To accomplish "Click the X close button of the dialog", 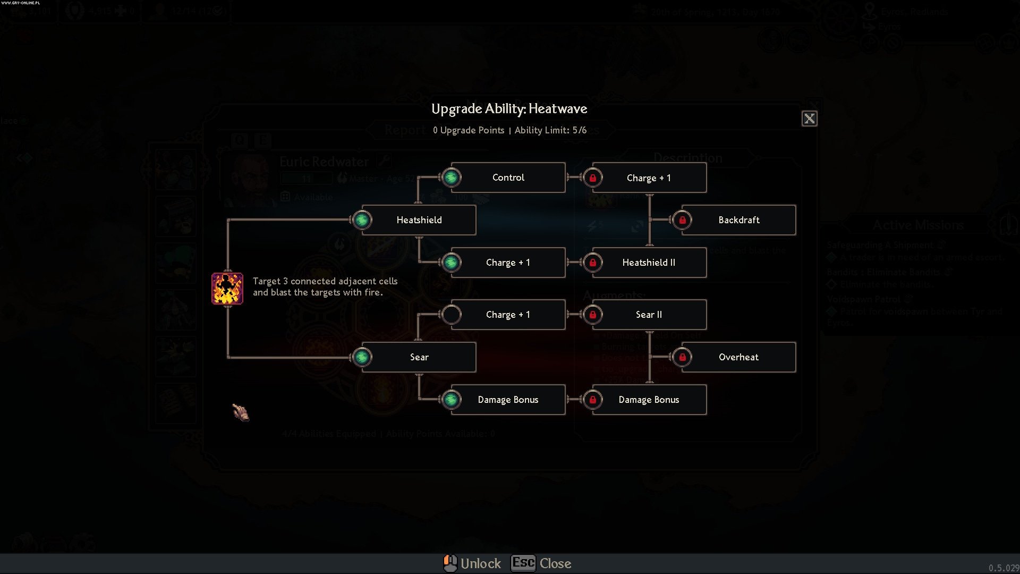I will pyautogui.click(x=809, y=119).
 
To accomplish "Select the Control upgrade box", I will pyautogui.click(x=508, y=178).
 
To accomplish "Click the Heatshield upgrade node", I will pyautogui.click(x=419, y=220).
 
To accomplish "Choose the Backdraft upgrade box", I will pyautogui.click(x=738, y=220).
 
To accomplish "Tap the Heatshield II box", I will pyautogui.click(x=649, y=263).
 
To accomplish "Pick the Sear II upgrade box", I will pyautogui.click(x=649, y=315).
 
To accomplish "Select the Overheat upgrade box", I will pyautogui.click(x=738, y=357).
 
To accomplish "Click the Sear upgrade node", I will pyautogui.click(x=419, y=357).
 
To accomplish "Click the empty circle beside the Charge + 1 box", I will pyautogui.click(x=452, y=315).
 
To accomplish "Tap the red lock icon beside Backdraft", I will pyautogui.click(x=682, y=220).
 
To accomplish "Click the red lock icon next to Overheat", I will pyautogui.click(x=682, y=357).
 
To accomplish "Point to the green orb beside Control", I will pyautogui.click(x=452, y=178).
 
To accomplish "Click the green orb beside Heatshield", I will pyautogui.click(x=362, y=220).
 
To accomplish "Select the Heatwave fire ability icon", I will pyautogui.click(x=227, y=289).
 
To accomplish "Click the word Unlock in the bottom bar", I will pyautogui.click(x=480, y=563).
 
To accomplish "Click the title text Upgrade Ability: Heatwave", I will pyautogui.click(x=509, y=109).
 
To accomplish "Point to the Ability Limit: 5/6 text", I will pyautogui.click(x=550, y=131).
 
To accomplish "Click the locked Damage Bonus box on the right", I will pyautogui.click(x=649, y=400).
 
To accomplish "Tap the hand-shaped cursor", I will pyautogui.click(x=241, y=412).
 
